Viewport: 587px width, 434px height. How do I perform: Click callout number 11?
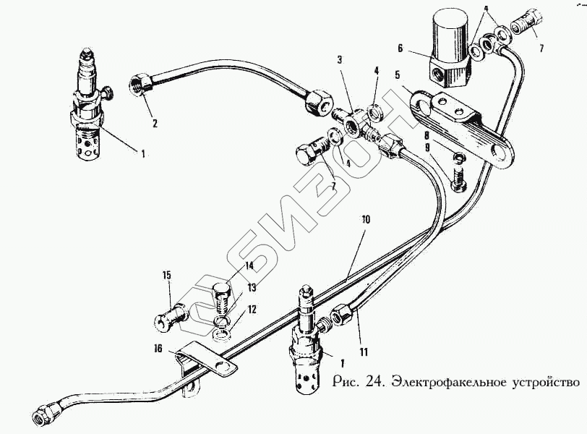coord(364,352)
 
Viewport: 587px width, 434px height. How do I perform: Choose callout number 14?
coord(249,265)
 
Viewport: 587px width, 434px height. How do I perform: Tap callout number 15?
coord(166,276)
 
